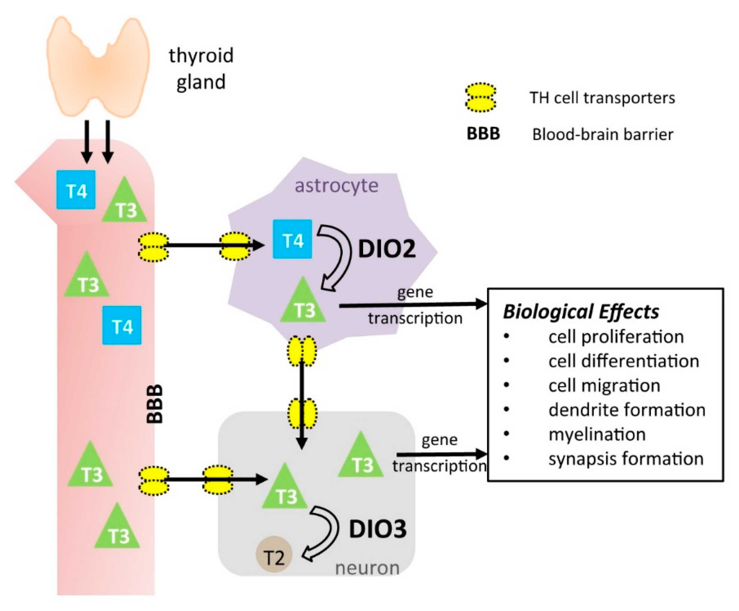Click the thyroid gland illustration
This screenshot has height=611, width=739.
coord(98,67)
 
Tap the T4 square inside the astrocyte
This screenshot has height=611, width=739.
coord(292,239)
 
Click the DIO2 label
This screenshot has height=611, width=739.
coord(387,249)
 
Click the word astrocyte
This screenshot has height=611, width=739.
coord(336,185)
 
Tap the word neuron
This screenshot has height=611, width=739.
coord(367,568)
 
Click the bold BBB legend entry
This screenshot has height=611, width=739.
coord(483,134)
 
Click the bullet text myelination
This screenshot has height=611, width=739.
coord(597,434)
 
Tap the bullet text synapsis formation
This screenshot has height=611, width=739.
coord(626,459)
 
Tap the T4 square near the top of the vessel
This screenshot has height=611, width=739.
coord(76,190)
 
